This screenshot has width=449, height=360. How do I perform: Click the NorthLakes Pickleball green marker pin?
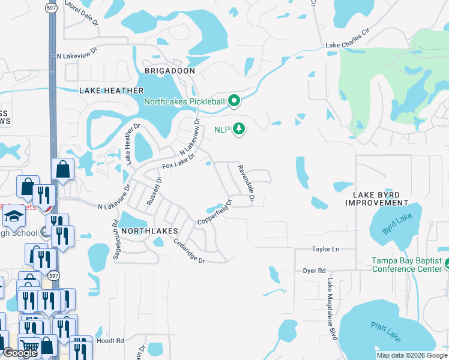click(x=235, y=101)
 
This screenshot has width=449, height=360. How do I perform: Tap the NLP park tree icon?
click(x=240, y=129)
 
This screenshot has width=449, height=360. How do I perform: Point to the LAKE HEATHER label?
click(x=112, y=91)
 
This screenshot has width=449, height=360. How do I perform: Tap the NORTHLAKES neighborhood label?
click(x=149, y=230)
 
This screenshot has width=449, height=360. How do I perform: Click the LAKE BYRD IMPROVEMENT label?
click(x=376, y=199)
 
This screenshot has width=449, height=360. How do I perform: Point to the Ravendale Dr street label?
click(x=245, y=183)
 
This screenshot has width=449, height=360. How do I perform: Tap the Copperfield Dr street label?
click(x=214, y=212)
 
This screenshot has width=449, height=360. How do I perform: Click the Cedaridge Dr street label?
click(x=190, y=251)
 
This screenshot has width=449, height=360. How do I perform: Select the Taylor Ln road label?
click(x=325, y=249)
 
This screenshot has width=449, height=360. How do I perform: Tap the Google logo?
click(x=20, y=353)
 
